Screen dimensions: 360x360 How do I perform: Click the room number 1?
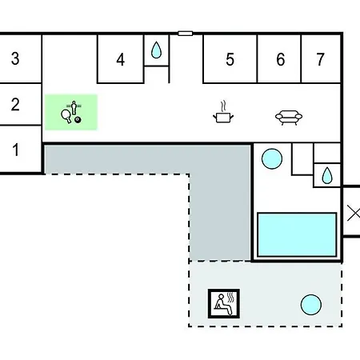point(16,150)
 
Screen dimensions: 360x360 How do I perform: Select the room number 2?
point(15,104)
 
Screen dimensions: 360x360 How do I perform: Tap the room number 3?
point(15,58)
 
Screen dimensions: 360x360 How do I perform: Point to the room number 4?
point(121,59)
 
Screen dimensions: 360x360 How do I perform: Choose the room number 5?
point(230,59)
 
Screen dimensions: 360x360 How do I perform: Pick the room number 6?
point(281,59)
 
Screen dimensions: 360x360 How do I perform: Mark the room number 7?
point(320,59)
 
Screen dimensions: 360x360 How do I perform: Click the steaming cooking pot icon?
point(223,112)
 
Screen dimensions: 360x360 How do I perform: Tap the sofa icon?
point(289,118)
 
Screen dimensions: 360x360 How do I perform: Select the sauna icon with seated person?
point(224,303)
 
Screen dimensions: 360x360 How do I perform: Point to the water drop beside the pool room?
point(327,175)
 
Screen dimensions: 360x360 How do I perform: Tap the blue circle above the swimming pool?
point(272,158)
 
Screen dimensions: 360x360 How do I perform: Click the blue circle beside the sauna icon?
point(311,305)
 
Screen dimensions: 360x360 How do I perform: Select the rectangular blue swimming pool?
point(297,234)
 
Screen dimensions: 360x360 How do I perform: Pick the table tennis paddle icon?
point(66,116)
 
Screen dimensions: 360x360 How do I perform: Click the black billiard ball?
point(78,120)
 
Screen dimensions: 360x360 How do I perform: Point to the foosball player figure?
point(74,107)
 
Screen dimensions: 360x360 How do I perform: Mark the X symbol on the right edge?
point(354,214)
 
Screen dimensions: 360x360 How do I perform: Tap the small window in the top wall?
point(186,34)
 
